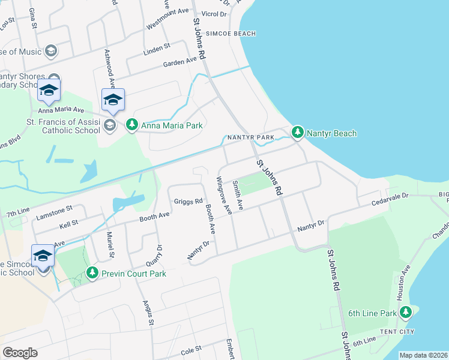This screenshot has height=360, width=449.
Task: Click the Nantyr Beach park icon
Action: pos(297,133)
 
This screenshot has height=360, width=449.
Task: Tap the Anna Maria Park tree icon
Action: pos(131,125)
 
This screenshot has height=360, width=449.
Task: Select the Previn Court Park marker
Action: pos(92,273)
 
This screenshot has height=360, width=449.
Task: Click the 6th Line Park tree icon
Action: pos(406,313)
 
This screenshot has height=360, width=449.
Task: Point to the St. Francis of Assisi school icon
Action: pos(109,125)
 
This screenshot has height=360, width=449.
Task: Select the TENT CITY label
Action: pos(397,332)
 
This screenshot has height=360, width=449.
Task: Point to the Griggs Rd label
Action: pos(188,202)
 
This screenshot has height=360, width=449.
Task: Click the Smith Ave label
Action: pos(238,195)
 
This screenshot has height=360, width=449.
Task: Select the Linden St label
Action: pos(157,47)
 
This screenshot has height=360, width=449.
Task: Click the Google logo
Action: pos(20,353)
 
